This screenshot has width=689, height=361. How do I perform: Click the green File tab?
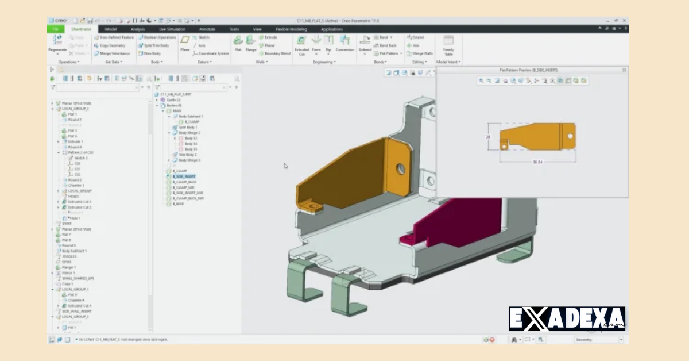[x=56, y=29]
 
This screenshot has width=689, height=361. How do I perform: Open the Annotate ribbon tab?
[x=207, y=29]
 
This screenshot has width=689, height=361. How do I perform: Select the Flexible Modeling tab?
[x=291, y=29]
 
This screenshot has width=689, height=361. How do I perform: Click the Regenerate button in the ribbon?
[x=57, y=43]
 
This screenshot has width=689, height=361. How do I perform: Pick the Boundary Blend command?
[x=277, y=53]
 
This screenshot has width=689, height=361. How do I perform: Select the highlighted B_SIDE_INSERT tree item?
[x=184, y=176]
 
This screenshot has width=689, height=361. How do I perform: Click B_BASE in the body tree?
[x=180, y=203]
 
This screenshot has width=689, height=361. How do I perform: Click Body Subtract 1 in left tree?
[x=74, y=251]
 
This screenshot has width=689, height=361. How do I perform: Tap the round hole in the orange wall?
[x=401, y=169]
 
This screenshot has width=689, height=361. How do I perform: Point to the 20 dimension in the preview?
[x=489, y=137]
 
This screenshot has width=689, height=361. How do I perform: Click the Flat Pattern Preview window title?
[x=528, y=70]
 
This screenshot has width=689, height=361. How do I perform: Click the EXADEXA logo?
[x=566, y=318]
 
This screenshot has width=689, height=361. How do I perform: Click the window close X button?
[x=624, y=21]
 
